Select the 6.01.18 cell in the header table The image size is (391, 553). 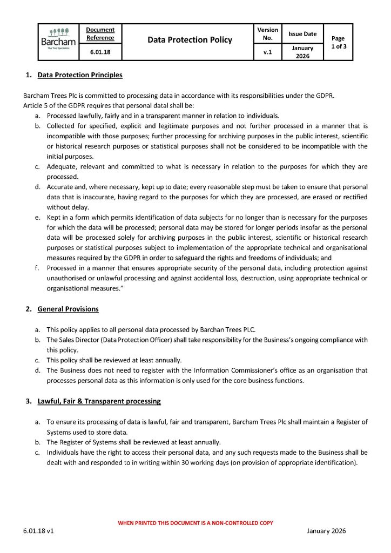pyautogui.click(x=100, y=52)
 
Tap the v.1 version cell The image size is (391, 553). pyautogui.click(x=267, y=52)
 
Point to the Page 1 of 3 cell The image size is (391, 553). pyautogui.click(x=338, y=42)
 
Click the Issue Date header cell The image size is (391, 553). pyautogui.click(x=302, y=33)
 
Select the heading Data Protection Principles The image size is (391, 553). pyautogui.click(x=80, y=75)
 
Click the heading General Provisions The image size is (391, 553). pyautogui.click(x=68, y=309)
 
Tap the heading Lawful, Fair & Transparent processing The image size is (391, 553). pyautogui.click(x=99, y=401)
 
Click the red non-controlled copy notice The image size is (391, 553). pyautogui.click(x=195, y=523)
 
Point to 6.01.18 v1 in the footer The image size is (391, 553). pyautogui.click(x=38, y=531)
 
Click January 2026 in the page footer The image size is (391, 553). pyautogui.click(x=326, y=531)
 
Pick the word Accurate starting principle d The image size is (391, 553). pyautogui.click(x=61, y=186)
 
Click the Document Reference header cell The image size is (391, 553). pyautogui.click(x=100, y=33)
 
